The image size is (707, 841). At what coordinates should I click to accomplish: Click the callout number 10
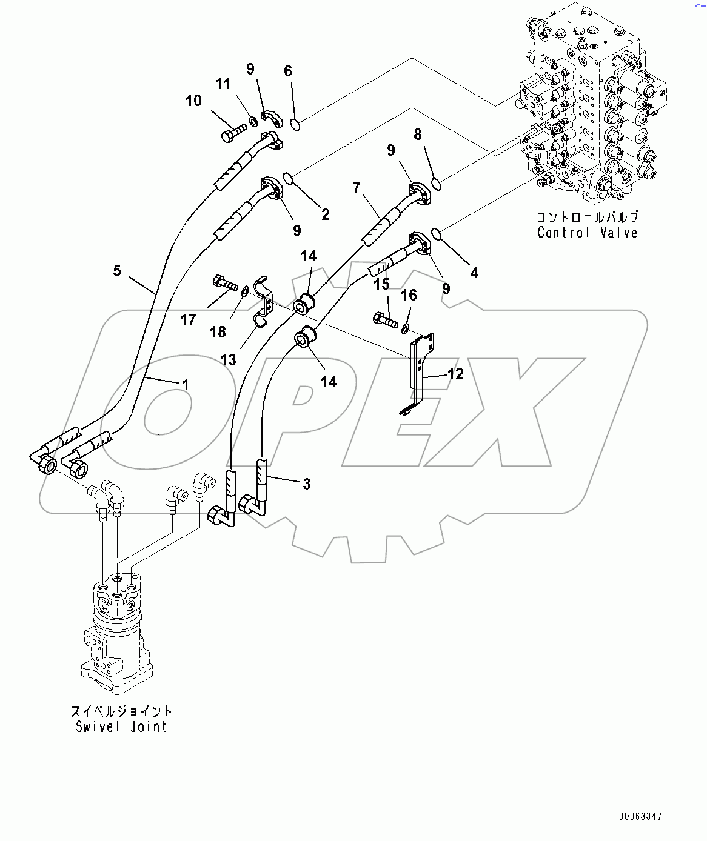pos(193,101)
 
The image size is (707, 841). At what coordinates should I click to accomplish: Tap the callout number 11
pos(223,84)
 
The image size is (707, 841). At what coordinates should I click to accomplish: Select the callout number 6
pos(288,71)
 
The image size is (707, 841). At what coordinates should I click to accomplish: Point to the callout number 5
pos(117,270)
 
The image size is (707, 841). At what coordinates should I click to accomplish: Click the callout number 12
pos(455,374)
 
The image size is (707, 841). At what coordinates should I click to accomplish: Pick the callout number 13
pos(228,360)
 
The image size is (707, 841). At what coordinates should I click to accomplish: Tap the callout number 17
pos(188,319)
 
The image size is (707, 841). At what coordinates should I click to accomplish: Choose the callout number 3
pos(307,484)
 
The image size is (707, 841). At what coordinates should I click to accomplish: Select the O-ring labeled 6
pos(295,125)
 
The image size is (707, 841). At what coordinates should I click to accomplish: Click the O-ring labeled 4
pos(436,232)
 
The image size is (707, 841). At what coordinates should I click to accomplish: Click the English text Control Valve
pos(587,233)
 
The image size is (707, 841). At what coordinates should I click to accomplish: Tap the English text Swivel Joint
pos(121,727)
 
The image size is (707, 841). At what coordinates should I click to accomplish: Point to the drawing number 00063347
pos(640,817)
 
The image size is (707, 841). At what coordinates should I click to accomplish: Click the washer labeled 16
pos(404,328)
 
